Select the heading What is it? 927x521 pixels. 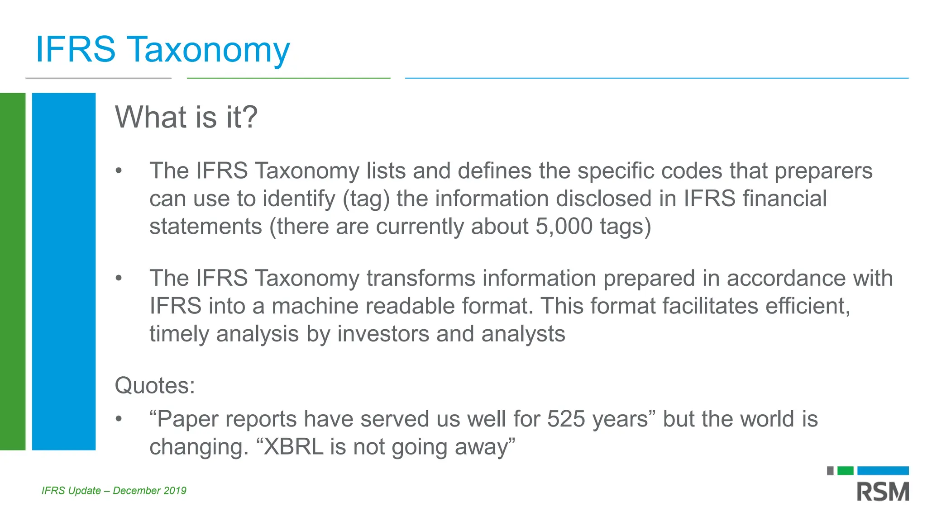186,117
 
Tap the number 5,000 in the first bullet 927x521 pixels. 564,226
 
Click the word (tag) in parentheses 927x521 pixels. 366,199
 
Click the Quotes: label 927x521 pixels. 155,386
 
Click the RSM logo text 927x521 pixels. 883,492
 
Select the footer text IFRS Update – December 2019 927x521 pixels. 114,491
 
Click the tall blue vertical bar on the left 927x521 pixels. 64,271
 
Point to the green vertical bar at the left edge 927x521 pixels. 13,271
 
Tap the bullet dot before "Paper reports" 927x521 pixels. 119,419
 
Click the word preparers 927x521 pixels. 823,171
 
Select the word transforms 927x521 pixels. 420,278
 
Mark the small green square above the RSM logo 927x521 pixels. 845,471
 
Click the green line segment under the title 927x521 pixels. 288,78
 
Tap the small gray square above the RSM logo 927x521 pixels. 830,471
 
